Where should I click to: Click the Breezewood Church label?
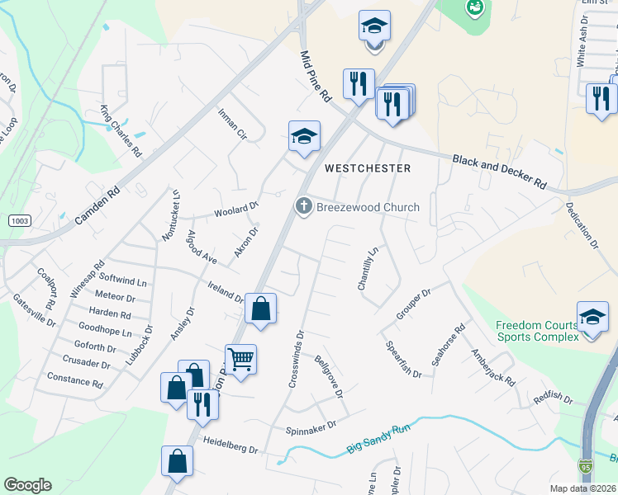point(368,207)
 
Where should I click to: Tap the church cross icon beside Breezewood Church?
point(304,206)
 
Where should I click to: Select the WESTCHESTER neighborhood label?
point(367,167)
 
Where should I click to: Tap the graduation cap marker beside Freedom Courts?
point(592,317)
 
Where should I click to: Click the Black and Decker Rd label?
point(499,171)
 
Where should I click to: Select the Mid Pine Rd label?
point(314,75)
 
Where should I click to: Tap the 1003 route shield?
point(20,221)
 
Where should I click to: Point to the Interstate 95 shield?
point(586,467)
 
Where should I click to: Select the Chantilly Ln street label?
point(367,268)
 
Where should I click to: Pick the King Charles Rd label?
point(121,130)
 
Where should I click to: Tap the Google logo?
point(27,485)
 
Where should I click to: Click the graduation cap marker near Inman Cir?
point(303,135)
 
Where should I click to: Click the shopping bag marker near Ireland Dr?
point(260,309)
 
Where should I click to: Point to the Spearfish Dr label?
point(404,360)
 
